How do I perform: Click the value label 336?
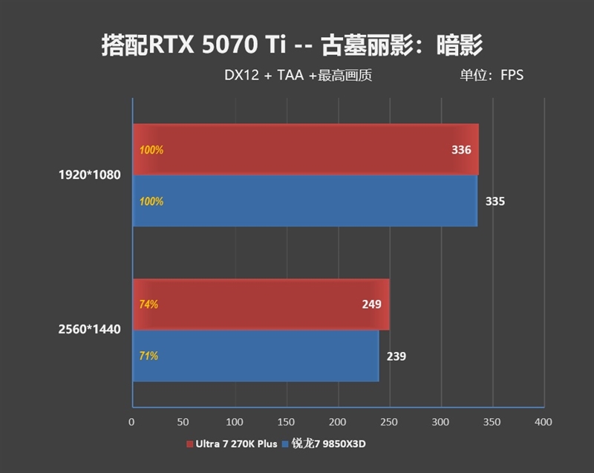[461, 150]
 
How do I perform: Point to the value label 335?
[495, 201]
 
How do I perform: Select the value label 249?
[371, 304]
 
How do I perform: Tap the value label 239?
[396, 356]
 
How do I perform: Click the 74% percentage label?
[148, 304]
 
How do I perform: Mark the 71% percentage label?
[148, 356]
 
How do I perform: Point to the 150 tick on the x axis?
[287, 423]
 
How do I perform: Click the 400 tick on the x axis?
[543, 423]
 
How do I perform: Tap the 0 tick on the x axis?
[131, 423]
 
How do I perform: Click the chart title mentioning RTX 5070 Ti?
[292, 46]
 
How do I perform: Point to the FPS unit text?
[512, 75]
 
